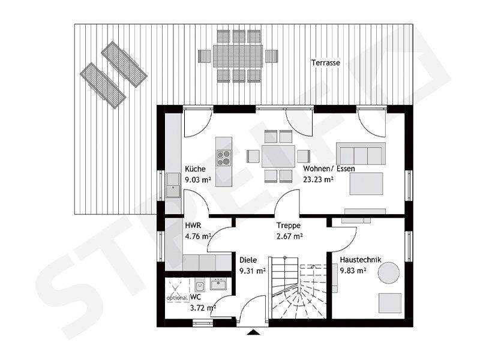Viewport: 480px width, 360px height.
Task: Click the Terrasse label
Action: [x=326, y=63]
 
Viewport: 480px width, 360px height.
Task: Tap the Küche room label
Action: [x=196, y=169]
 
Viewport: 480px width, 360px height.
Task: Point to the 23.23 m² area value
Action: [x=318, y=179]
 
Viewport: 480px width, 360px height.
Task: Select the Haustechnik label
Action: [x=361, y=260]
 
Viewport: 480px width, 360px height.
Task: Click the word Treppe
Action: [x=289, y=226]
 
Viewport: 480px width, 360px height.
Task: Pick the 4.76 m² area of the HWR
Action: [x=199, y=236]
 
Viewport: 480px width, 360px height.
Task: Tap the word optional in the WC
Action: [x=177, y=298]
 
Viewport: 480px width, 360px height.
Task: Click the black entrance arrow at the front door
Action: [x=253, y=332]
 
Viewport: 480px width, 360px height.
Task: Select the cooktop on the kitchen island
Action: [x=224, y=158]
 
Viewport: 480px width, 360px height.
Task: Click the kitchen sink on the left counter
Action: [x=173, y=185]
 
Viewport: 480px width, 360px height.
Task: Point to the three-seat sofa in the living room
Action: [x=361, y=154]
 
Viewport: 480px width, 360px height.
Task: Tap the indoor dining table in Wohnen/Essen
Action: [x=278, y=156]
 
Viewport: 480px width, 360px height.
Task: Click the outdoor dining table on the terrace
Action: [x=238, y=56]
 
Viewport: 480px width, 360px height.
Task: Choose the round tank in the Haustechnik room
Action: [x=388, y=273]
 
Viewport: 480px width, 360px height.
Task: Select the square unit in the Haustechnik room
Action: [x=390, y=303]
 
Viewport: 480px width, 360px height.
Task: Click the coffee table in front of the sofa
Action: [x=367, y=184]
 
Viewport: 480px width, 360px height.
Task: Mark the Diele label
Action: [x=248, y=260]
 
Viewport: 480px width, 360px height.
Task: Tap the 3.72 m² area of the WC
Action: [x=203, y=308]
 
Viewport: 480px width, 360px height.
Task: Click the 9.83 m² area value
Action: [x=353, y=271]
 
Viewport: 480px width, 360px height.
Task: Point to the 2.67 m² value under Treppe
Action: [x=290, y=236]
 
